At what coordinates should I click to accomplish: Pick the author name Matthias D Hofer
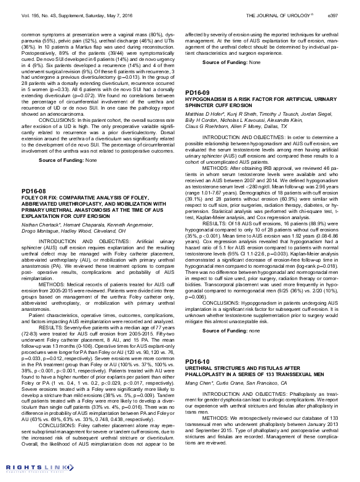(203, 114)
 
